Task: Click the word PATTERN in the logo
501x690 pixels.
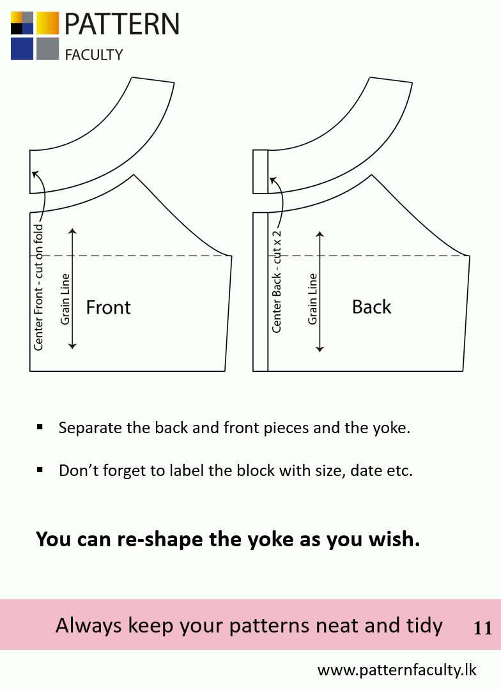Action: [122, 24]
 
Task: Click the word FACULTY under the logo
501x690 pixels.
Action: [94, 55]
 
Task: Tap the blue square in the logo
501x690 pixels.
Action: [22, 49]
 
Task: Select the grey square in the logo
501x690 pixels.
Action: [47, 49]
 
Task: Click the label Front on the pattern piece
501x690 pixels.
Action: [108, 307]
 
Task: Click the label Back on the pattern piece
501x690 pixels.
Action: [371, 307]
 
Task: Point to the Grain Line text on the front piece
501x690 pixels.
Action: [65, 299]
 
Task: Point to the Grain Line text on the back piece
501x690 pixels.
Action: [312, 299]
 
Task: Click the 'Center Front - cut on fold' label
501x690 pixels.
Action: [39, 287]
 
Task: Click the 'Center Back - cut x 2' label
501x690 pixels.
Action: [277, 282]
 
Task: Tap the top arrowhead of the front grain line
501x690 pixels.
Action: [73, 231]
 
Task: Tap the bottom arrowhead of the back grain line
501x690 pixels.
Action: [320, 349]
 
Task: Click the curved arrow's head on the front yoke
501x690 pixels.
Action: [35, 174]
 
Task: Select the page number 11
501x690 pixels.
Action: [482, 628]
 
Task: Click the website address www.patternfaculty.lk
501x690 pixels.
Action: [397, 670]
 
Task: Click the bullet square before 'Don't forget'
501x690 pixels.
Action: [40, 470]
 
